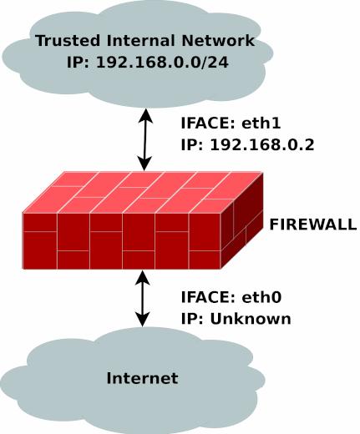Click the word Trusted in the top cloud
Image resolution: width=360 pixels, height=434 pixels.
tap(68, 40)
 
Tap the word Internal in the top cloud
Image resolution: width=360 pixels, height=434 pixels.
tap(140, 40)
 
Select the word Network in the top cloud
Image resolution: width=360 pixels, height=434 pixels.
tap(218, 40)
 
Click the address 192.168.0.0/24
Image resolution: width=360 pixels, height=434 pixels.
tap(162, 62)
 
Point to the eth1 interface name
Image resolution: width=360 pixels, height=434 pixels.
tap(261, 123)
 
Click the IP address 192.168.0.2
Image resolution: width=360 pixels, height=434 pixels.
tap(262, 144)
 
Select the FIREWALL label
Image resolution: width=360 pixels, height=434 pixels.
tap(313, 225)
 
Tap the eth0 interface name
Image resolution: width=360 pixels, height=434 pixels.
tap(261, 297)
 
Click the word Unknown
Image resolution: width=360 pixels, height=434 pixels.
tap(251, 319)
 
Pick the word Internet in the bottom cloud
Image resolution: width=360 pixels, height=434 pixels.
tap(142, 378)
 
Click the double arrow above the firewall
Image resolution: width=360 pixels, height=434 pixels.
tap(145, 139)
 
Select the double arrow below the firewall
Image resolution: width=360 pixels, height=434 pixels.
tap(143, 299)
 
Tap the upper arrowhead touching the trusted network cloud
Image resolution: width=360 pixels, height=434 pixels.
tap(145, 115)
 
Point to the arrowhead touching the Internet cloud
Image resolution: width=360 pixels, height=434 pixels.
tap(143, 320)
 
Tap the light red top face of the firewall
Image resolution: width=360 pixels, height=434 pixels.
tap(143, 193)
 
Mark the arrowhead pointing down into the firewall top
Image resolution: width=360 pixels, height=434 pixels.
tap(145, 164)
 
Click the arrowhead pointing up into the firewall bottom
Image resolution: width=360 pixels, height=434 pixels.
tap(143, 278)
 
